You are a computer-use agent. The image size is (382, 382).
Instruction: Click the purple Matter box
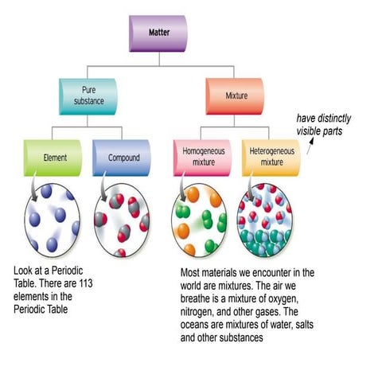point(158,33)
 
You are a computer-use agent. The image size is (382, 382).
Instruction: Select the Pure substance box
point(88,96)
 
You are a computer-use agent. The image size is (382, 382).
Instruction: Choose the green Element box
point(53,158)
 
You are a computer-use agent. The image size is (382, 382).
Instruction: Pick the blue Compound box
point(122,158)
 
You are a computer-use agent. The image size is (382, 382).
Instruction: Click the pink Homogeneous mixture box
point(201,158)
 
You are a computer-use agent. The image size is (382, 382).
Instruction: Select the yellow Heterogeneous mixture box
point(271,158)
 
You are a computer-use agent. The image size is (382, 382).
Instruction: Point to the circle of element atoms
point(53,221)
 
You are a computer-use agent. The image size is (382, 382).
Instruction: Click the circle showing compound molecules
point(122,221)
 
